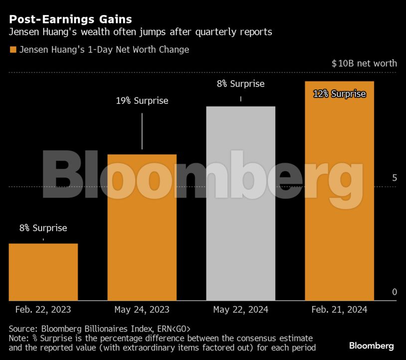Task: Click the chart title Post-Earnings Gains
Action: [x=70, y=19]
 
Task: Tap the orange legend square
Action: [x=13, y=49]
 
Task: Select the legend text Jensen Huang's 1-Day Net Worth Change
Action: [x=104, y=49]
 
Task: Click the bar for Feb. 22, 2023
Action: [x=43, y=272]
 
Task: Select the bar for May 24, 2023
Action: [x=142, y=227]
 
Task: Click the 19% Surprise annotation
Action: [x=142, y=101]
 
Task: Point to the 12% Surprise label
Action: [x=339, y=94]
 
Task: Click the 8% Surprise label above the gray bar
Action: [x=240, y=84]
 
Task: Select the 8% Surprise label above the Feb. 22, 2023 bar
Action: [x=43, y=228]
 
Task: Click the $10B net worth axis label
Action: [x=364, y=63]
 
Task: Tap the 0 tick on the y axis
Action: [x=394, y=292]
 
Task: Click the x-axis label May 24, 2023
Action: [x=142, y=310]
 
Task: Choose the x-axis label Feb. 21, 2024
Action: [x=339, y=310]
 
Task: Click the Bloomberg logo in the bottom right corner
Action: [x=371, y=346]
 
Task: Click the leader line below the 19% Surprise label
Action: [x=142, y=131]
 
